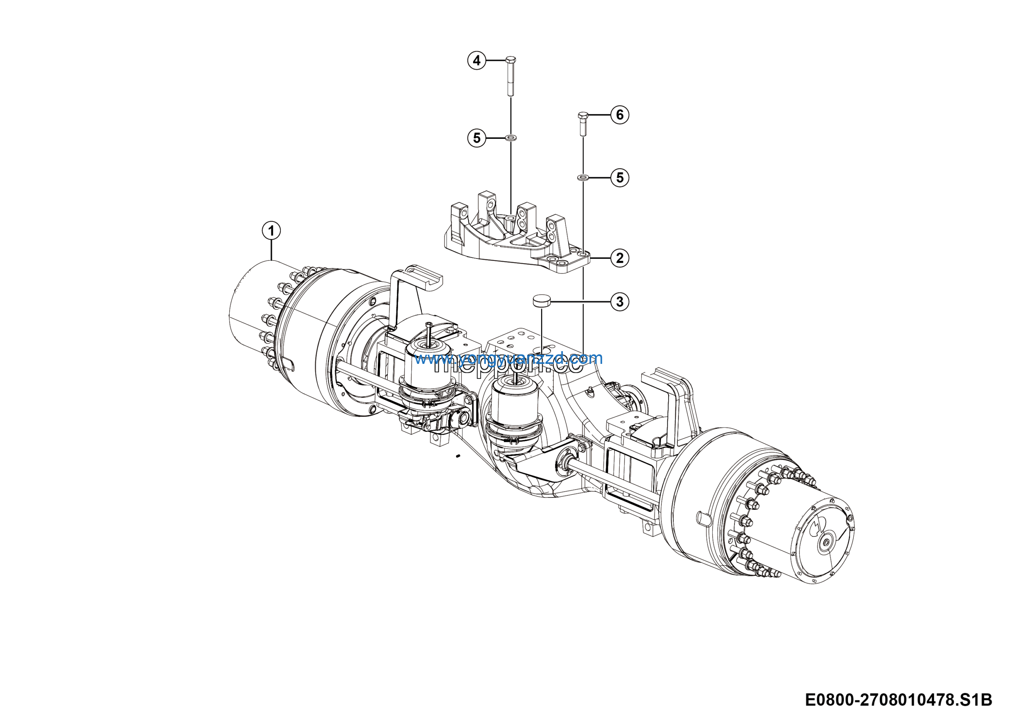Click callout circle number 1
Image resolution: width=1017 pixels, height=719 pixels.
(x=271, y=231)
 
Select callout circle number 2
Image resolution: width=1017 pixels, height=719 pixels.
(x=620, y=258)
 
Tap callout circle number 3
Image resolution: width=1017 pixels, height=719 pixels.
(x=620, y=302)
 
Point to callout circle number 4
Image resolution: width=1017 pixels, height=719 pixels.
(x=477, y=60)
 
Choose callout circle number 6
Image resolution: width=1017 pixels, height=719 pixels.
(x=620, y=115)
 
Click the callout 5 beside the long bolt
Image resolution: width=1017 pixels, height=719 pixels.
(x=477, y=138)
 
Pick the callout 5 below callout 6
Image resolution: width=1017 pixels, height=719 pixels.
(x=620, y=178)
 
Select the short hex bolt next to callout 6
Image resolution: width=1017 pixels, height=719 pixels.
(x=583, y=124)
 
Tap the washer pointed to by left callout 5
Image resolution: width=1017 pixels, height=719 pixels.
(x=511, y=138)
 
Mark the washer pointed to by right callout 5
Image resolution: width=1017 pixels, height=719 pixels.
(x=583, y=178)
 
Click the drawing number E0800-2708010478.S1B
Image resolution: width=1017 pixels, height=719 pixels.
(x=898, y=700)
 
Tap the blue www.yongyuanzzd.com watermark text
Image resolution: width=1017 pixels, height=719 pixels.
(x=508, y=358)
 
